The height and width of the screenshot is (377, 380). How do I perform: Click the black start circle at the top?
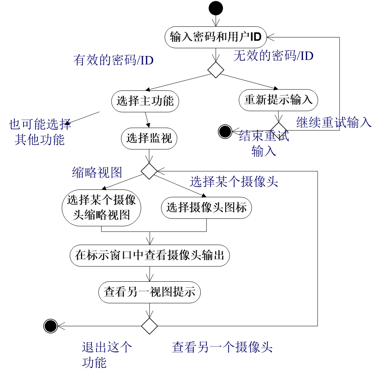tap(216, 8)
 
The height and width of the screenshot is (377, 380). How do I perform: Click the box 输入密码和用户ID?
tap(216, 37)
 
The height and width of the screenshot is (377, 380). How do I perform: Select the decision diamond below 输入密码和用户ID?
tap(216, 70)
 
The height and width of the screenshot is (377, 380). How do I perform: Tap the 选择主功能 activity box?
tap(145, 101)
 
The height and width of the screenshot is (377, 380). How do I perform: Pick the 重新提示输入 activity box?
tap(278, 100)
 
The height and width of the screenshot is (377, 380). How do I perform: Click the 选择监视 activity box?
tap(149, 138)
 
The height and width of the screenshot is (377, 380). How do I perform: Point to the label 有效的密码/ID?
tap(113, 60)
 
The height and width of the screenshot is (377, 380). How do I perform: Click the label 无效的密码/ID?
tap(273, 56)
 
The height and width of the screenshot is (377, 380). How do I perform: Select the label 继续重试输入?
tap(334, 122)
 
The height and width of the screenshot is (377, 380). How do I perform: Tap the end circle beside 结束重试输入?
tap(225, 132)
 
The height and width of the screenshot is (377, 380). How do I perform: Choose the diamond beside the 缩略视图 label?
tap(149, 171)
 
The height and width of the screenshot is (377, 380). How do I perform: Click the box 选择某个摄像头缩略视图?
tap(101, 207)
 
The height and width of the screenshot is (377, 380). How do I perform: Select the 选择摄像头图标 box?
tap(206, 208)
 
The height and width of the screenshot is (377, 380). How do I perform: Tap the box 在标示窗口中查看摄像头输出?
tap(150, 255)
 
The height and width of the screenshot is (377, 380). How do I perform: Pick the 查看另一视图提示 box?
tap(149, 292)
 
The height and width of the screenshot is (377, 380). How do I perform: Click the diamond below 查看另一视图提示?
tap(149, 326)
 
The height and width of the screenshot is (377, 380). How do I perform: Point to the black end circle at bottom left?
tap(51, 326)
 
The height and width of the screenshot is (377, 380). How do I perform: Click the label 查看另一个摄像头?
tap(222, 348)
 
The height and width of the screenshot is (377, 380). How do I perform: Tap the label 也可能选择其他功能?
tap(40, 132)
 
